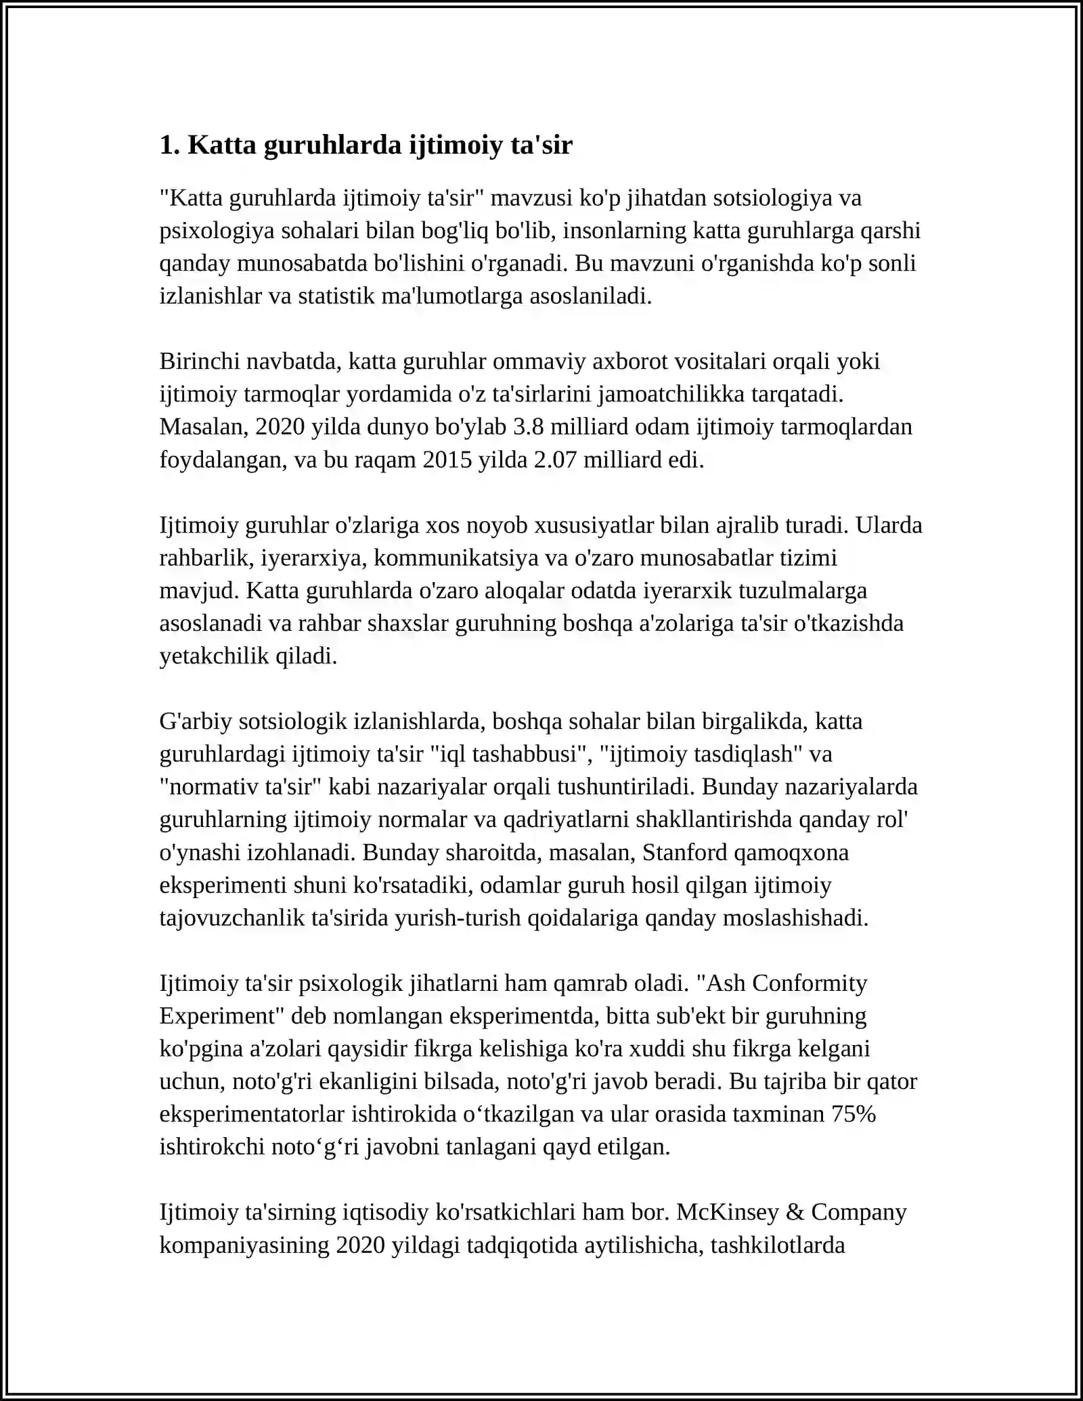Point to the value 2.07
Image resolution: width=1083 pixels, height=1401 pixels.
[x=555, y=460]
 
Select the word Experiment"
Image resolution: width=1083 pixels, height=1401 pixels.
[x=221, y=1016]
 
